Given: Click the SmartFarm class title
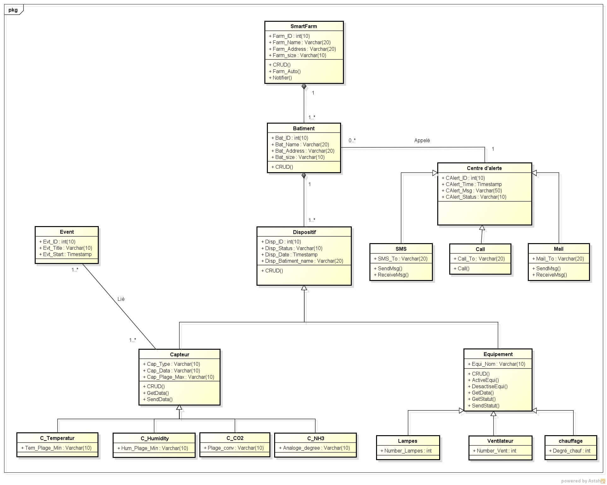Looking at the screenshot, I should pos(303,26).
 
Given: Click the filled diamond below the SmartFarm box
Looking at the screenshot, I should pos(304,86).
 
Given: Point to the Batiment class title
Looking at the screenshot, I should pos(303,128).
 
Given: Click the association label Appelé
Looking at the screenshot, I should pos(422,140).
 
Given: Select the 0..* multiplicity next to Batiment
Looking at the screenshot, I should pos(352,140).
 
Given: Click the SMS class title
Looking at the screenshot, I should pos(401,249).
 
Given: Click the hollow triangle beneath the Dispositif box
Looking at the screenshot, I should pos(304,288).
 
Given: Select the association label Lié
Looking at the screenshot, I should pos(121,299).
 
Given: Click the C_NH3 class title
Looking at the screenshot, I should pos(315,438).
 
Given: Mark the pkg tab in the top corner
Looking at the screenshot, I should pos(13,10).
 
